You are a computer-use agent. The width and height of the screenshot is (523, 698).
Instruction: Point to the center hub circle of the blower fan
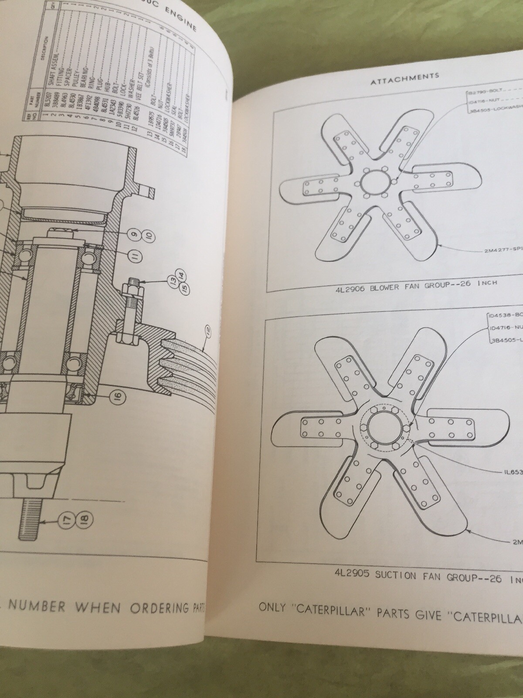[x=370, y=182]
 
